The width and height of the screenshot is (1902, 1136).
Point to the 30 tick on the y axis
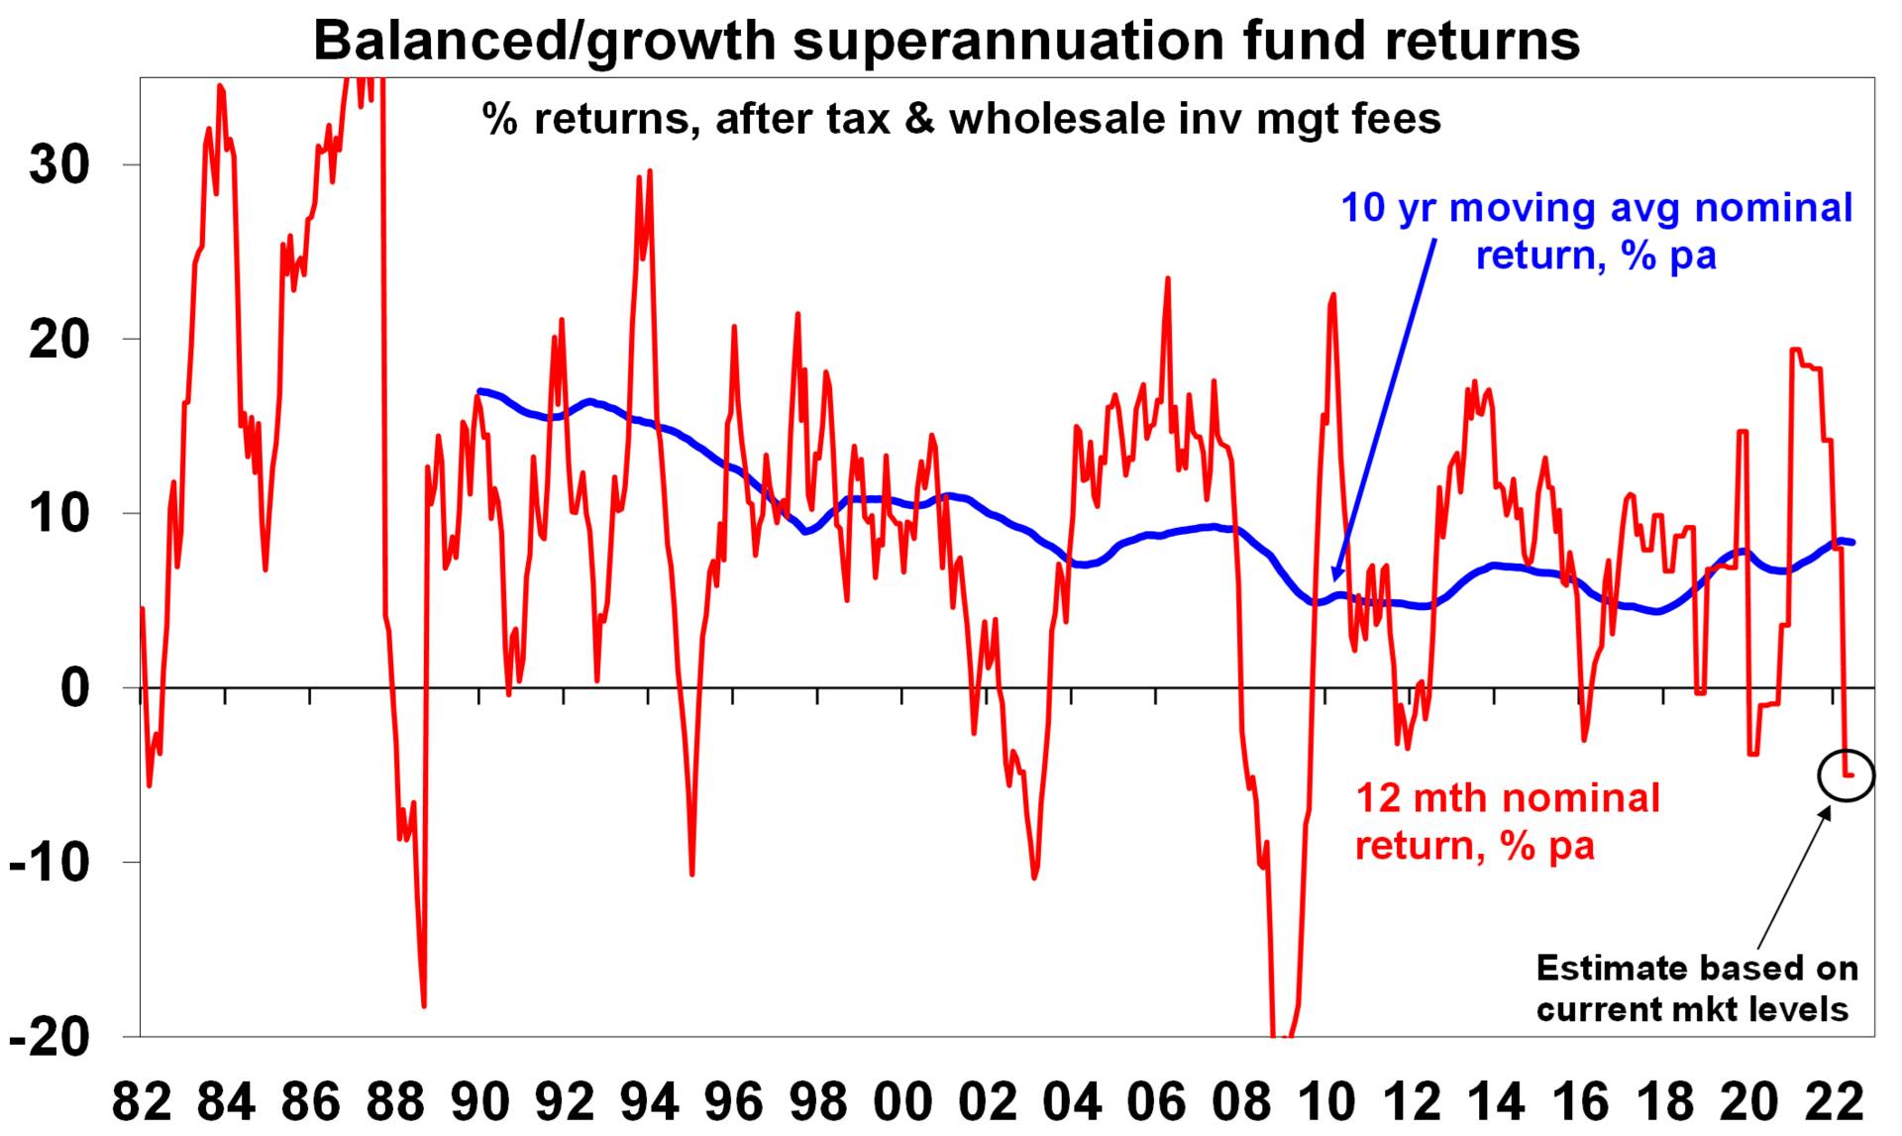58,165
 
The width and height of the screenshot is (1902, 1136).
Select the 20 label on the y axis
58,340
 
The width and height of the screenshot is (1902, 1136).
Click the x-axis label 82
142,1101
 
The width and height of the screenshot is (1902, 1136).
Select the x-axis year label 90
479,1101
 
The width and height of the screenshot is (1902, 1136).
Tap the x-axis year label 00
902,1101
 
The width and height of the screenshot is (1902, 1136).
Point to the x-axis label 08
1240,1101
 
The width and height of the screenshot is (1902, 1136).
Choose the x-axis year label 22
1833,1101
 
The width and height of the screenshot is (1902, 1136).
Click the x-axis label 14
1494,1101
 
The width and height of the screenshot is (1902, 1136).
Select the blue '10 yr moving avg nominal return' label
1596,232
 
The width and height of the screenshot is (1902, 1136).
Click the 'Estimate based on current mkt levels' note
1696,988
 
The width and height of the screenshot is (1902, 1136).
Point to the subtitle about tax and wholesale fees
961,119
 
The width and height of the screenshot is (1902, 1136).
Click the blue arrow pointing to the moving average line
1385,406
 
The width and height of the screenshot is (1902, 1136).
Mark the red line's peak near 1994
650,170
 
